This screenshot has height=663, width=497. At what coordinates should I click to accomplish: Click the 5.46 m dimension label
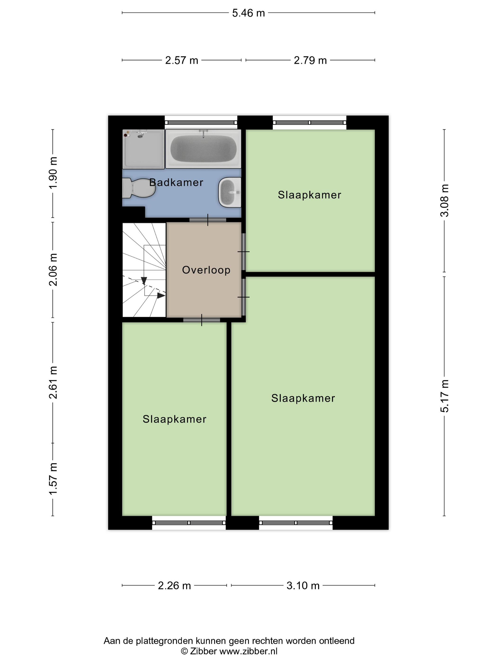[x=248, y=13]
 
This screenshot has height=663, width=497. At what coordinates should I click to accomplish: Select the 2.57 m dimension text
[x=182, y=60]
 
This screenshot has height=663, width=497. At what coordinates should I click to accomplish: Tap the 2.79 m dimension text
[x=310, y=60]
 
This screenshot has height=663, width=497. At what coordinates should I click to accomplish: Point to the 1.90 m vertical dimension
[x=53, y=173]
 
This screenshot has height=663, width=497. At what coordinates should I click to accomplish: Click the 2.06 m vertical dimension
[x=53, y=269]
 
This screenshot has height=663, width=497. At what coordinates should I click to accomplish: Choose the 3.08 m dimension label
[x=444, y=201]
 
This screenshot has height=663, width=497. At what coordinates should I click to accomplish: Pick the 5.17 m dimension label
[x=444, y=396]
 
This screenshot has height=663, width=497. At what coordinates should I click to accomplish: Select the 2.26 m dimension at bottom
[x=174, y=585]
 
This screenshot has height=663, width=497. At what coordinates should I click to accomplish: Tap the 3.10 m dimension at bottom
[x=303, y=585]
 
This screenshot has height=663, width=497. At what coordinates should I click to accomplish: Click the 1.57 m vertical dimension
[x=53, y=479]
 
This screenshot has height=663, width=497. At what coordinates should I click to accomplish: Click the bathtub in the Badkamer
[x=203, y=149]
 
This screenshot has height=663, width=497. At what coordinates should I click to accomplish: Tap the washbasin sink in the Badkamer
[x=230, y=192]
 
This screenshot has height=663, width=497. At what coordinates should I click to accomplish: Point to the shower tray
[x=143, y=149]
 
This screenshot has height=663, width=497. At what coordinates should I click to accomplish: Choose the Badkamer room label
[x=176, y=183]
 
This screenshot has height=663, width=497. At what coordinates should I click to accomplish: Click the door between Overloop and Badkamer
[x=208, y=220]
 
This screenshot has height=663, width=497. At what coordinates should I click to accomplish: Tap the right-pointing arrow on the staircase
[x=161, y=296]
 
